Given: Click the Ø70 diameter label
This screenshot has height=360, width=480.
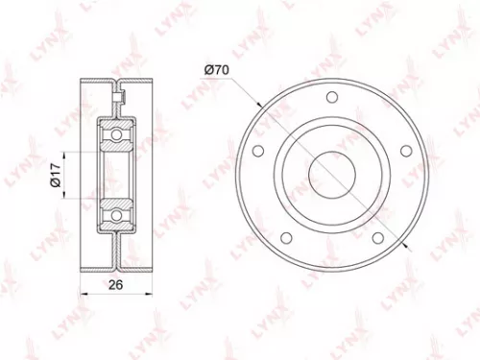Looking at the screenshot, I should point(215,68).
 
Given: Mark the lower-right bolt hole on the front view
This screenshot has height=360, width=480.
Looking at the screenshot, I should point(376,236).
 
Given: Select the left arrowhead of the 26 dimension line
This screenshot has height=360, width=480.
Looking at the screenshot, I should point(81,296).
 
